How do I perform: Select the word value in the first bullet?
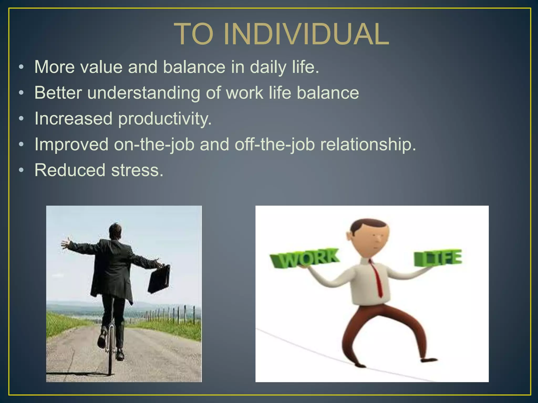(101, 67)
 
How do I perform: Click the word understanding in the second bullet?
(143, 93)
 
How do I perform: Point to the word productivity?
(165, 119)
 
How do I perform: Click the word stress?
(137, 170)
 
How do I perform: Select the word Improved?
(71, 145)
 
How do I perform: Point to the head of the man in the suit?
(115, 231)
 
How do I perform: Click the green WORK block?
(305, 258)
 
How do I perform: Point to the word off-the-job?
(275, 145)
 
